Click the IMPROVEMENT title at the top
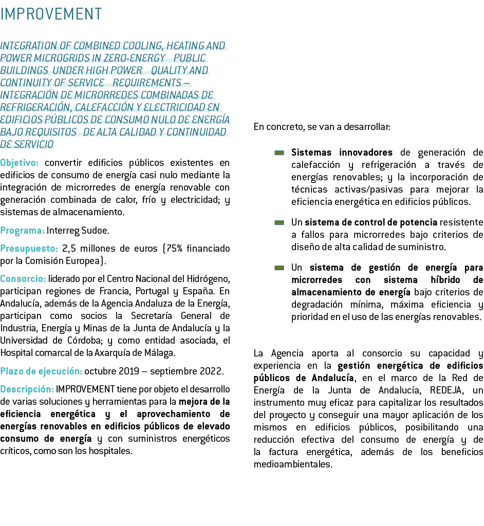coord(51,14)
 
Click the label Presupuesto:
coord(28,249)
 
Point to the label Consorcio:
coord(23,279)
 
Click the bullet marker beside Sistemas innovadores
coord(279,153)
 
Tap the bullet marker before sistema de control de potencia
coord(279,222)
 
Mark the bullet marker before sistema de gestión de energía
coord(279,268)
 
